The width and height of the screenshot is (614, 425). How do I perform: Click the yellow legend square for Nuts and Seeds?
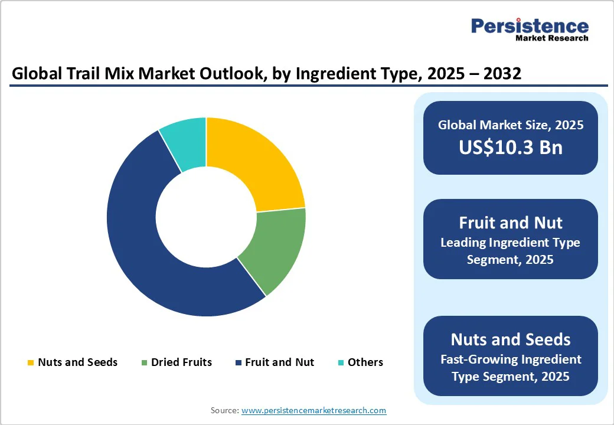tap(31, 362)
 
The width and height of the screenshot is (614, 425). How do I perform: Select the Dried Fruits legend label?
tap(181, 362)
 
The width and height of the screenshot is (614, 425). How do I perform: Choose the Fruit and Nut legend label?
tap(279, 362)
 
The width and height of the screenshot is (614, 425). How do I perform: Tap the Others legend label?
tap(365, 362)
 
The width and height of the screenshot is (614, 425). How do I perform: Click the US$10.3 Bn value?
tap(511, 148)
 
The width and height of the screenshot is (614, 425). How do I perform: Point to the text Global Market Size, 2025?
tap(511, 125)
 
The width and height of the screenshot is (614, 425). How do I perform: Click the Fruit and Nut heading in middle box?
tap(511, 223)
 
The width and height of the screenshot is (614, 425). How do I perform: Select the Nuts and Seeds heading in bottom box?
tap(511, 339)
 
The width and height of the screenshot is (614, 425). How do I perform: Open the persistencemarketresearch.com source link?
tap(313, 410)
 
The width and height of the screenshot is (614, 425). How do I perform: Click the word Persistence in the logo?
tap(530, 26)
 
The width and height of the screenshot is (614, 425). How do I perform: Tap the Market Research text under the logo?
tap(551, 38)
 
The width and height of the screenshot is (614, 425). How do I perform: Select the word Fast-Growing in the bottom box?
tap(478, 359)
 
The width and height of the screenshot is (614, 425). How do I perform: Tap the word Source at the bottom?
tap(224, 410)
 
